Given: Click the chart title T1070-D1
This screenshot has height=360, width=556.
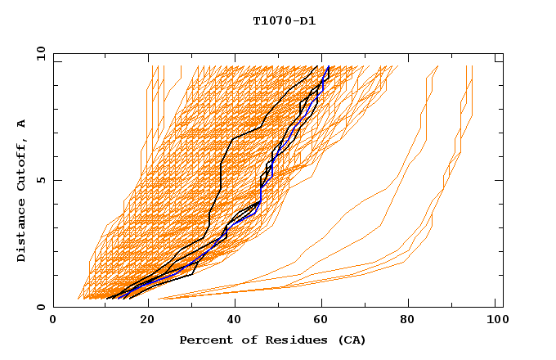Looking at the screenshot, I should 284,20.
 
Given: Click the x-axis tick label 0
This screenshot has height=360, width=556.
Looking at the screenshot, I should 53,321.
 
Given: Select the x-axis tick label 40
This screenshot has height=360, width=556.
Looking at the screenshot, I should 235,321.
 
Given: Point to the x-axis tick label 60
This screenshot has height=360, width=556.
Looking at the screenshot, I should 325,321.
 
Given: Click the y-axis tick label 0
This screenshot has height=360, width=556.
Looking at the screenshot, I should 43,307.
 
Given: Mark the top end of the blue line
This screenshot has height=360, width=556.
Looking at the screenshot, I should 329,66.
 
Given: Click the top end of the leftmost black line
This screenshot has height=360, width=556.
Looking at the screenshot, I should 318,66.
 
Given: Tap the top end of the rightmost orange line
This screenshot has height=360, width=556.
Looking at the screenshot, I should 473,66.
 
